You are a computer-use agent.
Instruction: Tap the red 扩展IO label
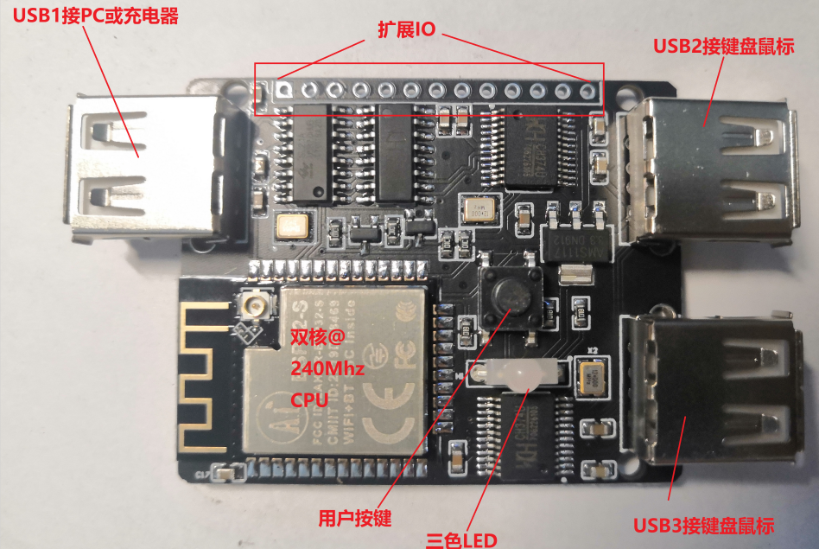tap(406, 28)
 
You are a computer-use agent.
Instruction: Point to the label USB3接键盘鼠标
tap(703, 525)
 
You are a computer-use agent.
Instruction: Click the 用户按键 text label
tap(354, 519)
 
